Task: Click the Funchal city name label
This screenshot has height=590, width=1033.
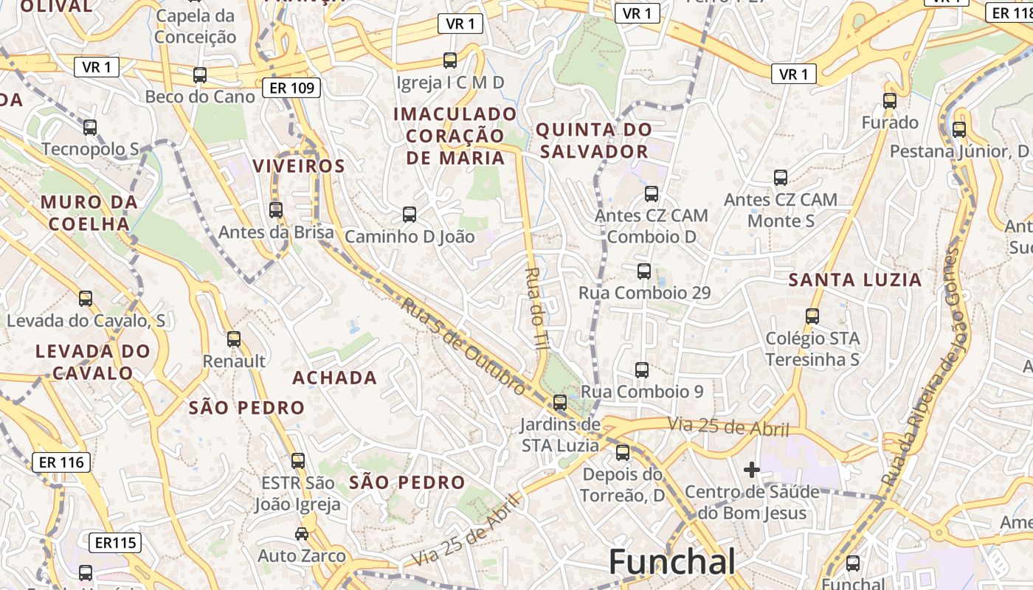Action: point(671,563)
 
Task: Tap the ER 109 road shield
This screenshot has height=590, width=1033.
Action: point(291,88)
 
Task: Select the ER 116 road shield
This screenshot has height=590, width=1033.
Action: point(61,462)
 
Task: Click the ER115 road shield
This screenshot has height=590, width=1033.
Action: point(115,544)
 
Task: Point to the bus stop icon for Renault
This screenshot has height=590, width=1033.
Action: point(234,339)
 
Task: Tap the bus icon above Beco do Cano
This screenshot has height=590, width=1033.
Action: point(200,74)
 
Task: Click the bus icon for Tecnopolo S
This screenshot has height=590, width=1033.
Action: point(90,128)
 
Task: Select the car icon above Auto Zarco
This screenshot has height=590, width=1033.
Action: point(302,533)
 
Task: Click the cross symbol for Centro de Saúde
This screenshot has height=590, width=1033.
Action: point(752,469)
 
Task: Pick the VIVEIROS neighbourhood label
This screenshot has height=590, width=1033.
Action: point(299,167)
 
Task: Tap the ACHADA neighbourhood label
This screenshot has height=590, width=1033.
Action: point(335,378)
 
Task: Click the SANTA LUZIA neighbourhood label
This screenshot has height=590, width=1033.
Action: point(855,280)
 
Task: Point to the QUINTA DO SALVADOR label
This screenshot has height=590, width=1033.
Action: point(593,141)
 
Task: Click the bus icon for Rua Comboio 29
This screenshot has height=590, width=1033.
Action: point(644,271)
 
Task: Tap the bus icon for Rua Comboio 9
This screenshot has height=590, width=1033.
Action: point(642,369)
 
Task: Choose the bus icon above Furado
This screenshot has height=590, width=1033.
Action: point(890,101)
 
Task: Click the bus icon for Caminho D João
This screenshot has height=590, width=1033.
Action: point(410,215)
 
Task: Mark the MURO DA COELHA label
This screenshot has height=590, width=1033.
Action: point(89,212)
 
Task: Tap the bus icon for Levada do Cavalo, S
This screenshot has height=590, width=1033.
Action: point(86,299)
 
